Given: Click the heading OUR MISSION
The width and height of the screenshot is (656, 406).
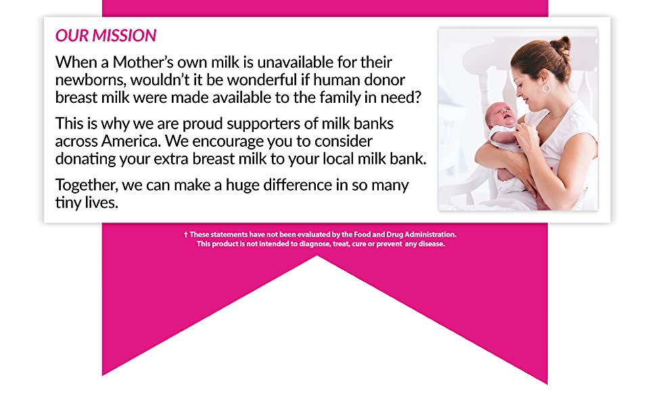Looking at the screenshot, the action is click(106, 36).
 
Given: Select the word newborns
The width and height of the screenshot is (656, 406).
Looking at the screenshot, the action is click(91, 80).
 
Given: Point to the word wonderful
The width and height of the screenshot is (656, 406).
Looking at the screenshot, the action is click(261, 80).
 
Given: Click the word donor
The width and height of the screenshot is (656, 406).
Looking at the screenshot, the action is click(385, 80).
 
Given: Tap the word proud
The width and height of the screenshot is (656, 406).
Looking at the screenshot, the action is click(202, 124).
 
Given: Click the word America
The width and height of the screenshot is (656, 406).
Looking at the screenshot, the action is click(131, 141).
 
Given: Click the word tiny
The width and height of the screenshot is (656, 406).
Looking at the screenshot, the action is click(68, 202).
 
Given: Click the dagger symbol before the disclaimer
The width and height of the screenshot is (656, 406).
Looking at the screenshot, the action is click(186, 235).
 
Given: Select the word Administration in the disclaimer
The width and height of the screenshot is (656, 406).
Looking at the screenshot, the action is click(431, 234).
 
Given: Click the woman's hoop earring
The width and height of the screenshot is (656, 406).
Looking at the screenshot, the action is click(546, 88).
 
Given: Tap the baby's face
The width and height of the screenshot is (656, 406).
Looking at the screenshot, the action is click(500, 114).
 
